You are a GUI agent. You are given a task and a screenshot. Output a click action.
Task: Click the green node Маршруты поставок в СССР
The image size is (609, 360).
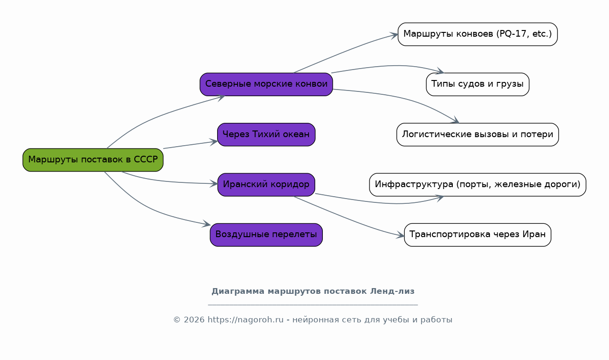coord(93,160)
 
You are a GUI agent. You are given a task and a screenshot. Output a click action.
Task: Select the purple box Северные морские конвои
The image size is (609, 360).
coord(266,84)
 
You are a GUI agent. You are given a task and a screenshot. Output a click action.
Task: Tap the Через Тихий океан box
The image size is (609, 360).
coord(266,135)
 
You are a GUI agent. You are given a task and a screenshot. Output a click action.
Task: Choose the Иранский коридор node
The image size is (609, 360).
coord(266,185)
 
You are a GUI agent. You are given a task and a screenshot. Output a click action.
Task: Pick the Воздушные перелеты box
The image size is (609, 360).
coord(266,235)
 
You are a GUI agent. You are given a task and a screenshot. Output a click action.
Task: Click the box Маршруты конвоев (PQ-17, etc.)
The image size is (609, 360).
coord(478,34)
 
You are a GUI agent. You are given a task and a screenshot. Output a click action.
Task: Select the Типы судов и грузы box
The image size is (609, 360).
coord(478,84)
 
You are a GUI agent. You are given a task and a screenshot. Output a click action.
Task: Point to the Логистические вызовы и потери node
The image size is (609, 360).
coord(478,135)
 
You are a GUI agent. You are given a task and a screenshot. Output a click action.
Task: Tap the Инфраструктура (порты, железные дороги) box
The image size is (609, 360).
coord(478,185)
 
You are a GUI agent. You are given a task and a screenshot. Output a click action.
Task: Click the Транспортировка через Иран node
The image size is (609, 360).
coord(478,235)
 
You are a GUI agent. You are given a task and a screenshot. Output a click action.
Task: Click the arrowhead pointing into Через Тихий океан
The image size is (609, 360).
coord(214,142)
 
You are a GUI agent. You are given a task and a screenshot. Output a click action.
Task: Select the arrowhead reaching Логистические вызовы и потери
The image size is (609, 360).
coord(455,120)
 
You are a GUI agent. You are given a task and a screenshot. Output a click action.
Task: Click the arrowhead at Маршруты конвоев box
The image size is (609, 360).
coord(394,35)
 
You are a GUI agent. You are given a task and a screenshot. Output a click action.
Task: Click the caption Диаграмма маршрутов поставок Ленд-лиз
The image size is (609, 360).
coord(313,291)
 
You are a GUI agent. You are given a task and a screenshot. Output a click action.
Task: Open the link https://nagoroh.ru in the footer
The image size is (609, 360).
coord(246,320)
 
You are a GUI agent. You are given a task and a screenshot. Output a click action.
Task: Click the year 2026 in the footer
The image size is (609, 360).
coord(194,320)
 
